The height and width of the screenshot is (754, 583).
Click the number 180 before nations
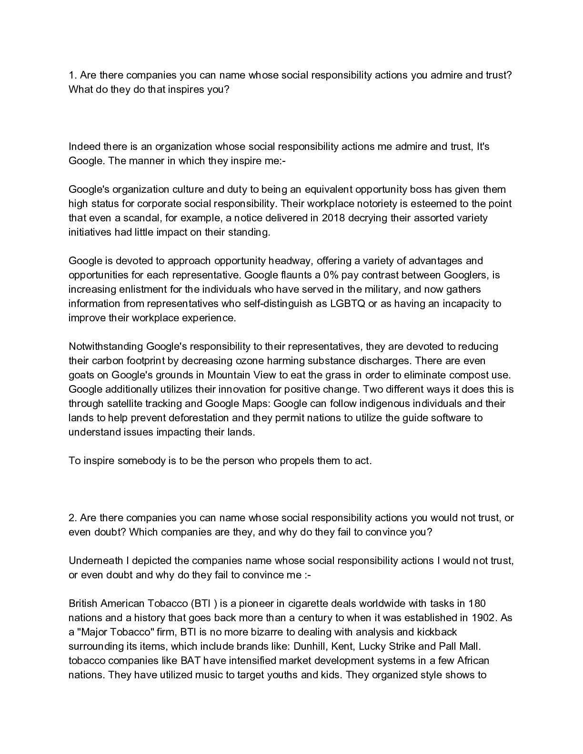click(477, 604)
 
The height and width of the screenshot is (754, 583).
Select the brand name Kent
click(345, 646)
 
